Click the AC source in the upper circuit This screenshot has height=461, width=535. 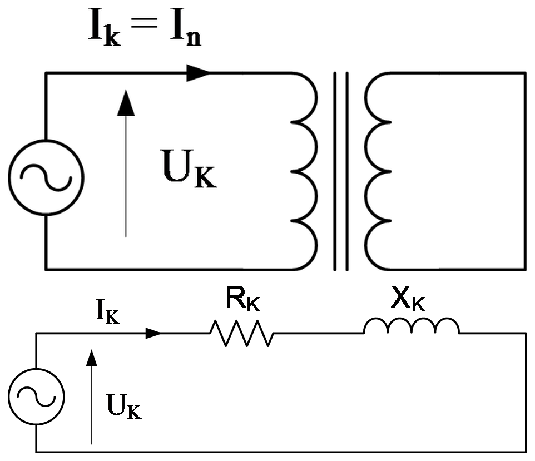(x=46, y=140)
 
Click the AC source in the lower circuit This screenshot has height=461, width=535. (x=36, y=369)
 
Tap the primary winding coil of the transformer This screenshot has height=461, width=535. (x=316, y=171)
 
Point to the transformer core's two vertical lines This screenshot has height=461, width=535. (x=341, y=171)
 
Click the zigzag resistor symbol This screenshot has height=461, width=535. (x=242, y=333)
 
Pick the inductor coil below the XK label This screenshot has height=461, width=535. (x=412, y=319)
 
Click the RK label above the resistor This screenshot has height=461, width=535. (x=242, y=299)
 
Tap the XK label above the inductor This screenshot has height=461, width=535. (x=408, y=299)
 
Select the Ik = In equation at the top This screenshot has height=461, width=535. (x=145, y=27)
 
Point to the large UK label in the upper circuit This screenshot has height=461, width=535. (x=189, y=168)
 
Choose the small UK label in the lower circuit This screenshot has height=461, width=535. (x=124, y=406)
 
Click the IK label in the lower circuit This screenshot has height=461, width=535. (x=108, y=311)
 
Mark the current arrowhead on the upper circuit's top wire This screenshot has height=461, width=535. (x=198, y=73)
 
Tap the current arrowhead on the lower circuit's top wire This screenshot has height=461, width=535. (x=153, y=333)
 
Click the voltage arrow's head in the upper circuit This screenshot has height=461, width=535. (x=126, y=103)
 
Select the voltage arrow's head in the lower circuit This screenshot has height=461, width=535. (x=91, y=358)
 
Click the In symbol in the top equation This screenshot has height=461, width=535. (x=186, y=27)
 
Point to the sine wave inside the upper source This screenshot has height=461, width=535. (x=46, y=177)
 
